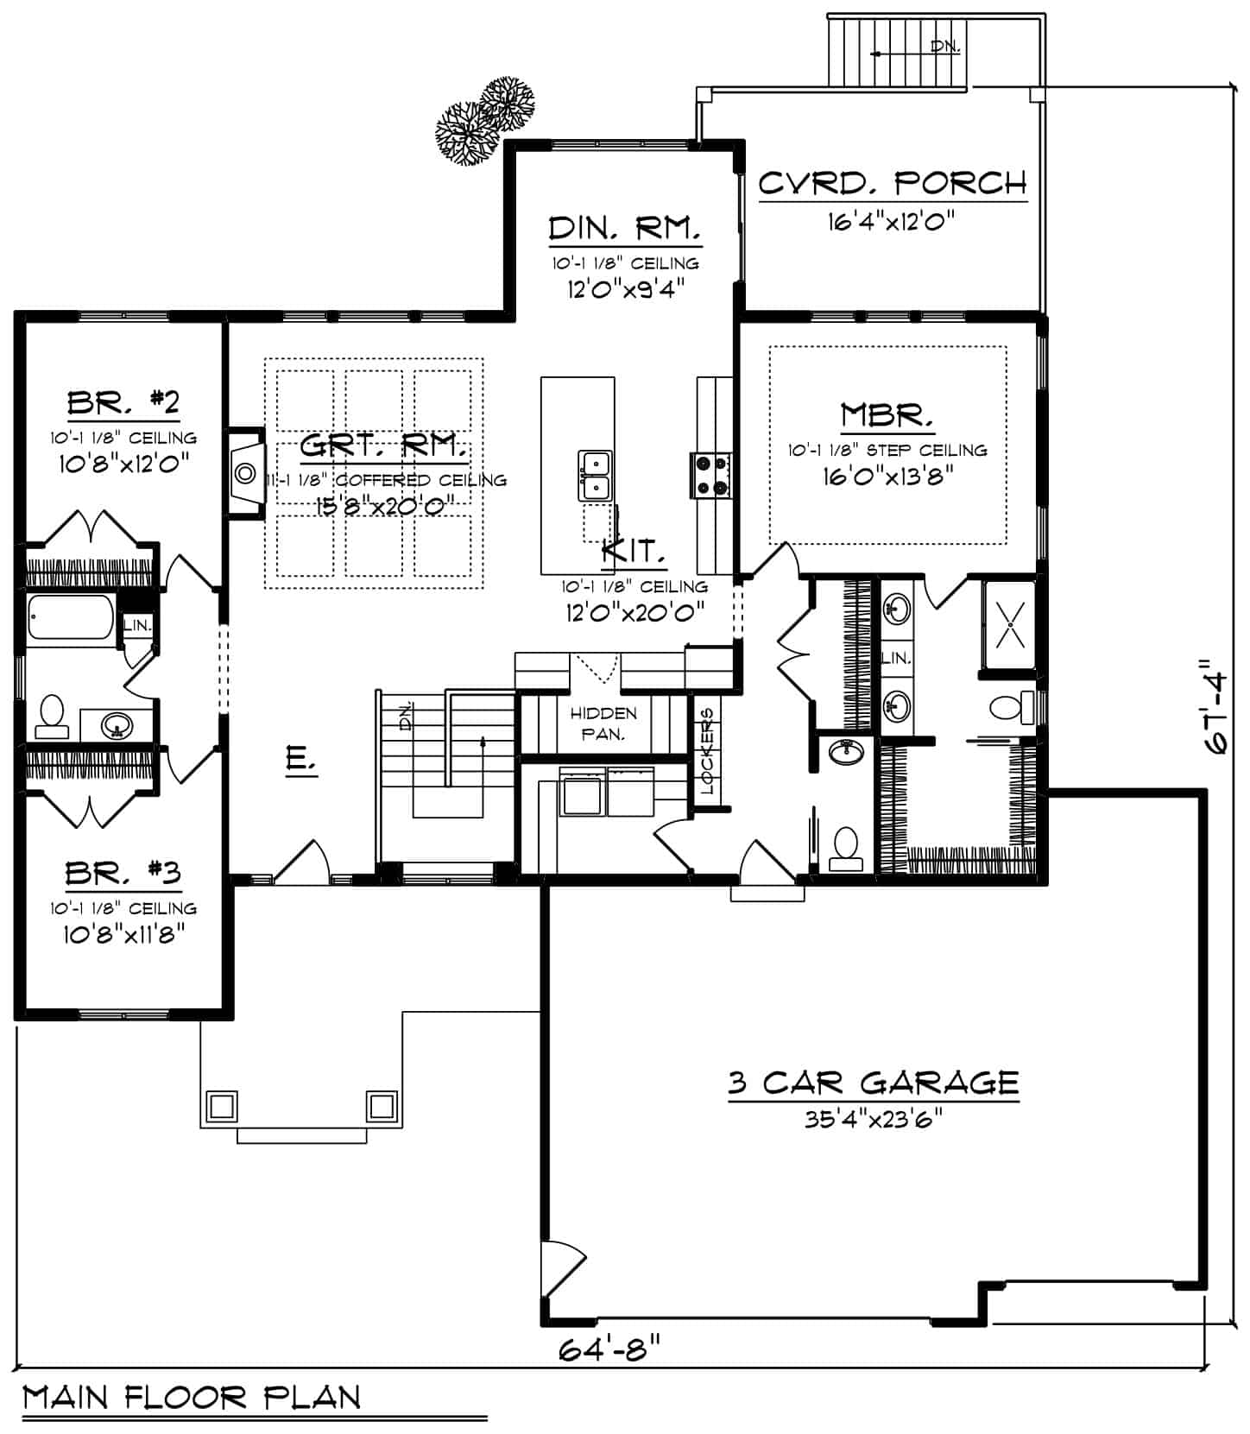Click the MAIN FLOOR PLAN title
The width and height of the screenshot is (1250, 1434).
pyautogui.click(x=191, y=1397)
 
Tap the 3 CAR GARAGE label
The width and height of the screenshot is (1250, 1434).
pyautogui.click(x=873, y=1082)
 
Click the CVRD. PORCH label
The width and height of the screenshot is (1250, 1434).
pyautogui.click(x=893, y=183)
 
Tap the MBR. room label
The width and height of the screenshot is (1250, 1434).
pyautogui.click(x=887, y=415)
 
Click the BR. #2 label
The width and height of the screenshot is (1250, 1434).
pyautogui.click(x=123, y=402)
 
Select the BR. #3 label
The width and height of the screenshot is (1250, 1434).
pyautogui.click(x=123, y=874)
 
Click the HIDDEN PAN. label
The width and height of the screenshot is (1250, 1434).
pyautogui.click(x=603, y=723)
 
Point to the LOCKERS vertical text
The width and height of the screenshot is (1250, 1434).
pyautogui.click(x=707, y=750)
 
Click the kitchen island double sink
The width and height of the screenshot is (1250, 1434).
pyautogui.click(x=595, y=477)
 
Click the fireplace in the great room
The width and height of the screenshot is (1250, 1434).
pyautogui.click(x=245, y=473)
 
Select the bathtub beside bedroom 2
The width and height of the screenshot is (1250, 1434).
pyautogui.click(x=69, y=618)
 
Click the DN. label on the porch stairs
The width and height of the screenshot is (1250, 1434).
pyautogui.click(x=945, y=47)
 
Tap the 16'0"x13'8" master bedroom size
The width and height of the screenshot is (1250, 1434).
pyautogui.click(x=887, y=476)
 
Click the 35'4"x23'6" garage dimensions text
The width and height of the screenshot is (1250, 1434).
pyautogui.click(x=873, y=1119)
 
